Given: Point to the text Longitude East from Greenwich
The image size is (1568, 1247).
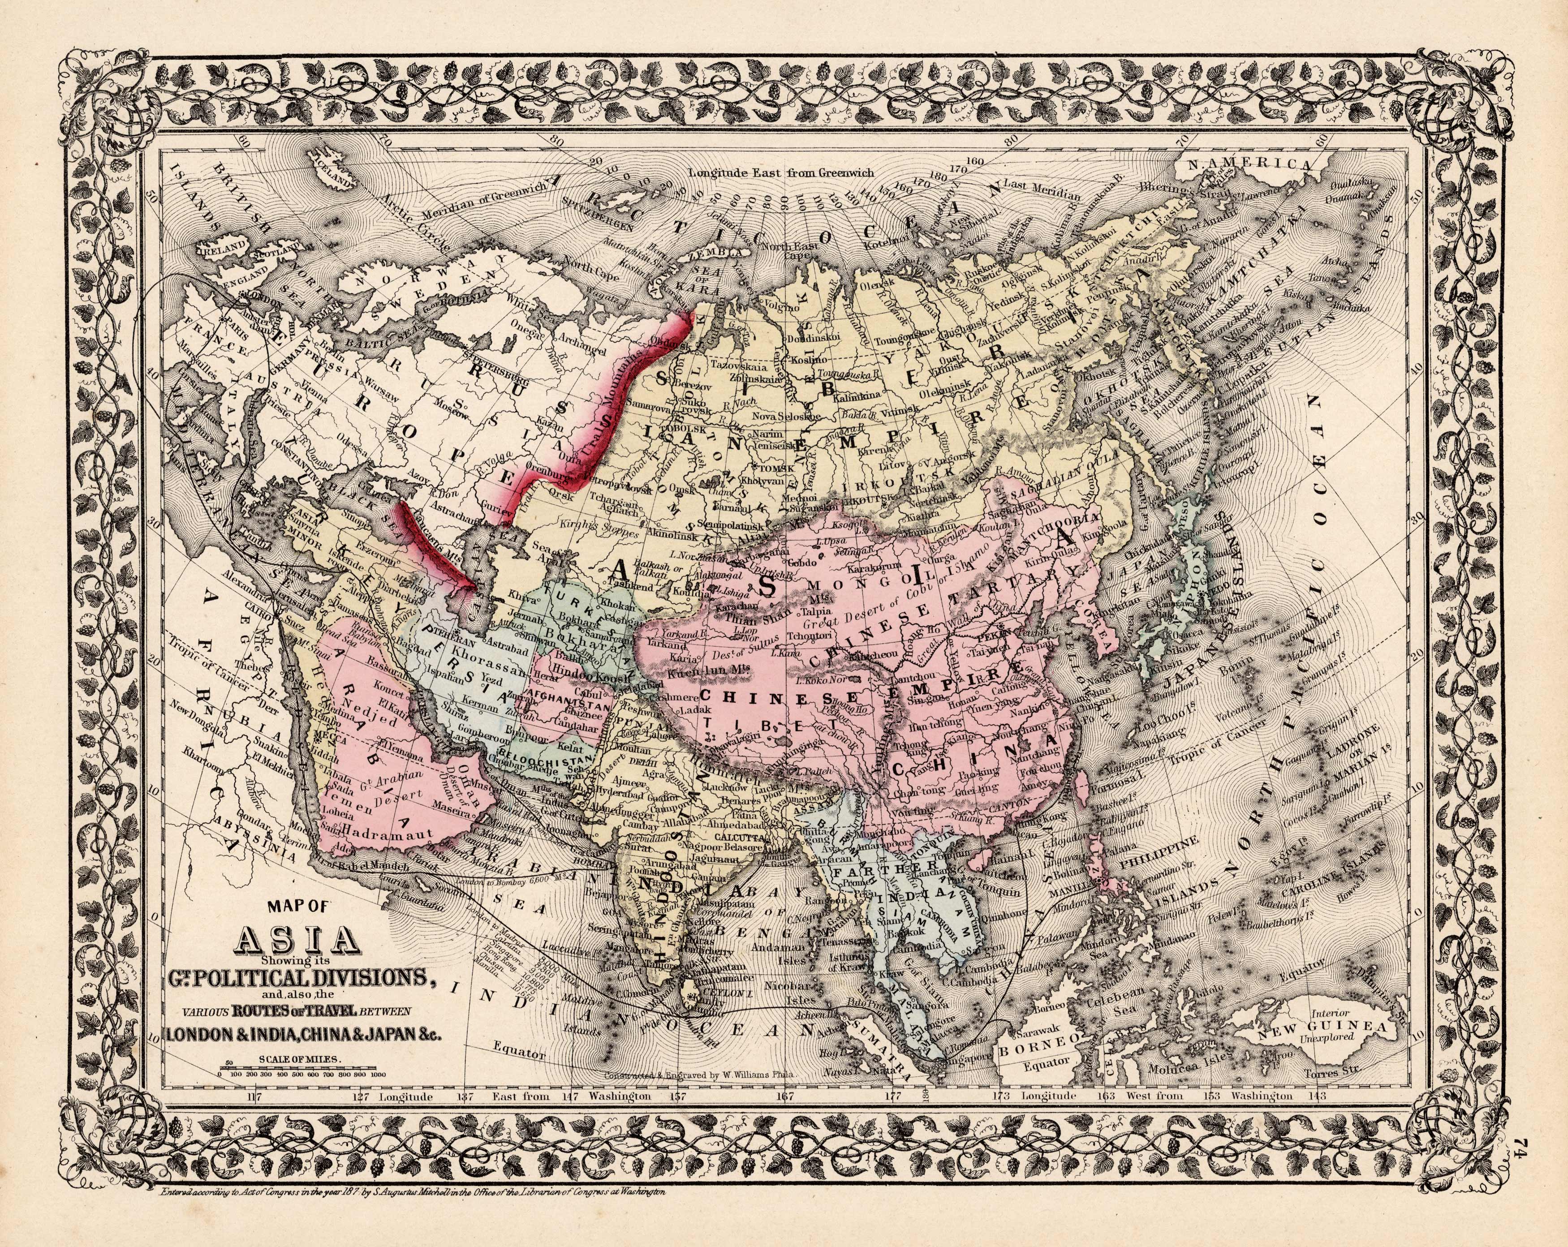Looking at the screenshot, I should (x=782, y=173).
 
